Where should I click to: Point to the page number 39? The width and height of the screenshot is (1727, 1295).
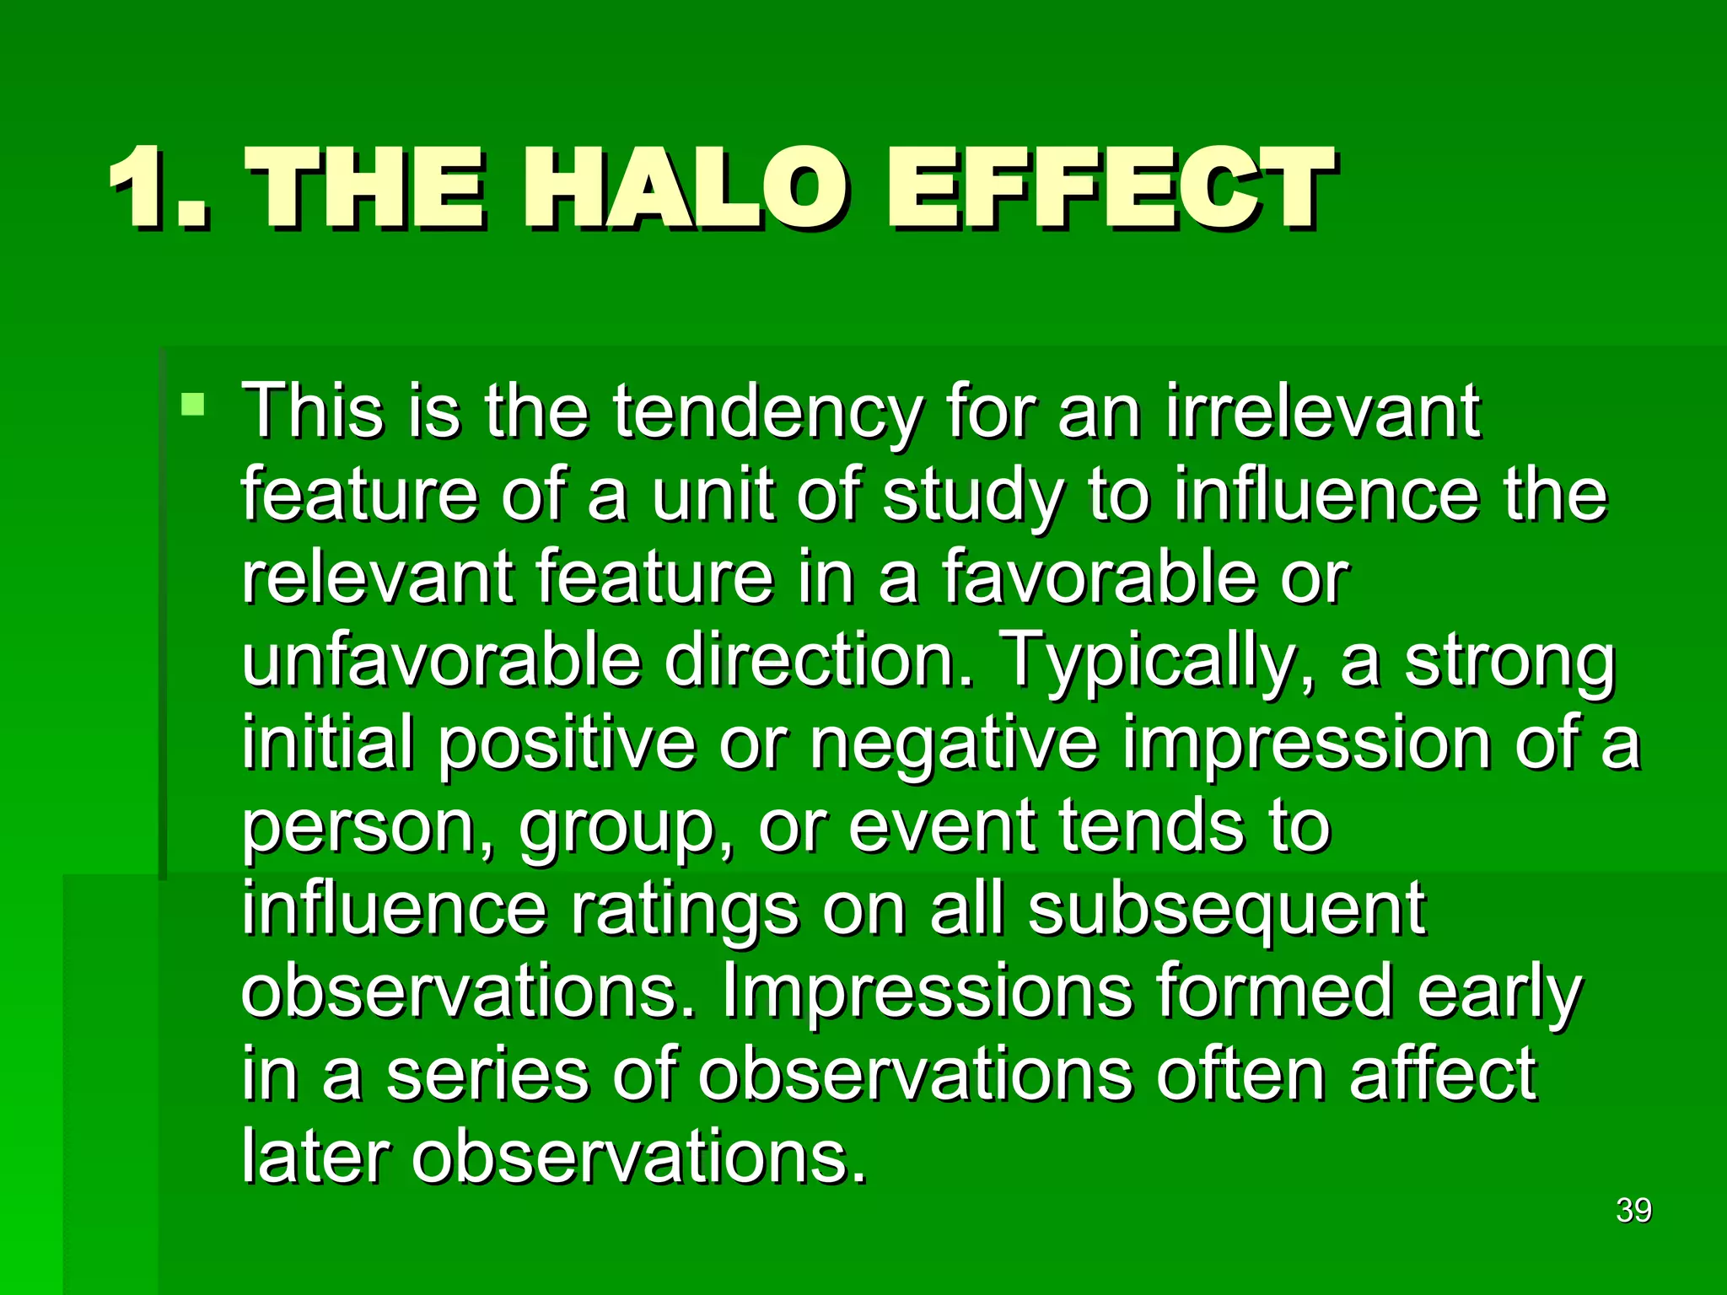pos(1633,1211)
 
